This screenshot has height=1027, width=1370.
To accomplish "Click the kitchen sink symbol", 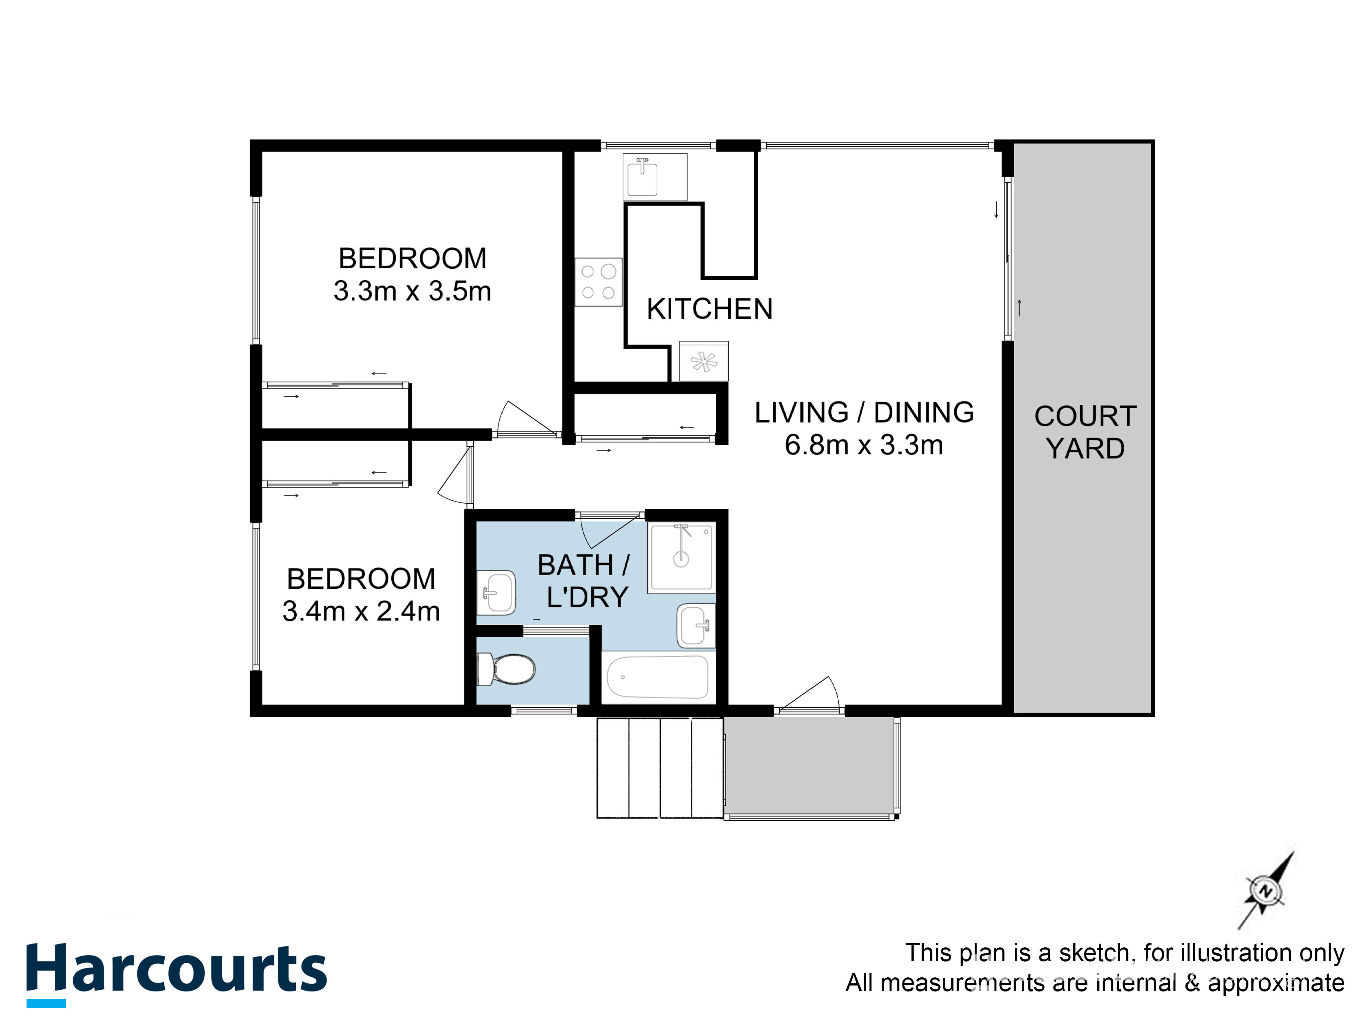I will [643, 178].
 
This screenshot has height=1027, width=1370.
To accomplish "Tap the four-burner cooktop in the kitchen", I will [598, 282].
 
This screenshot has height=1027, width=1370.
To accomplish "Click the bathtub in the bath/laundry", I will [657, 677].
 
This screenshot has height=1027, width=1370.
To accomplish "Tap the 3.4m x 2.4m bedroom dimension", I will [361, 611].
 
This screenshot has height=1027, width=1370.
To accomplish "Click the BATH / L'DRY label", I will [584, 581].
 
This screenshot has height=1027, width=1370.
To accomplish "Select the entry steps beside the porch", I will [660, 768].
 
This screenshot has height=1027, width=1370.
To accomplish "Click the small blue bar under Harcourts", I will [46, 1003].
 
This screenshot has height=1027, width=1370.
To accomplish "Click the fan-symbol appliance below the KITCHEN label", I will [703, 362].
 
